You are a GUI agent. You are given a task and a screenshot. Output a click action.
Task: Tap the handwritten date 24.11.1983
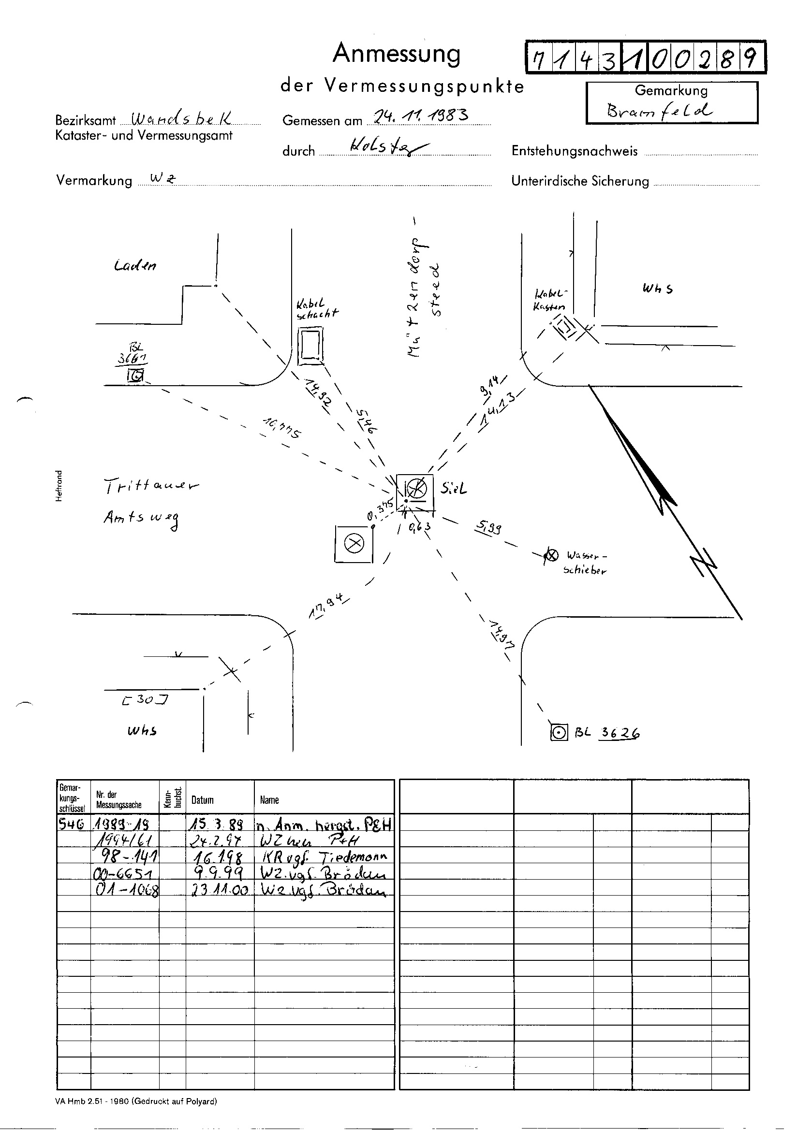[x=421, y=116]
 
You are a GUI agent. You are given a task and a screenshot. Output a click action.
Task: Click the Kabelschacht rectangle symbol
[x=311, y=347]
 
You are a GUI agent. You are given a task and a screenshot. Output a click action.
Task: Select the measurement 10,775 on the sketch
[x=282, y=427]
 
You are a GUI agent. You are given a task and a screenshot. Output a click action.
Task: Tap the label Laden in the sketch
[x=135, y=266]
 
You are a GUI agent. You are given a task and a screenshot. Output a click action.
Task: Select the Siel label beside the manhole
[x=454, y=489]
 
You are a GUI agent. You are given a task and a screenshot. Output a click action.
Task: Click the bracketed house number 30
[x=145, y=699]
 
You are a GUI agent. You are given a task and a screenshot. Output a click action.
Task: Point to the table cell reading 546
[x=72, y=824]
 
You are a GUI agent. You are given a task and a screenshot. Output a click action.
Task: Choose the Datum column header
[x=203, y=800]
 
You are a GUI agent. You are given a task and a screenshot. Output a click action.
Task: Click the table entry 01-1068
[x=126, y=890]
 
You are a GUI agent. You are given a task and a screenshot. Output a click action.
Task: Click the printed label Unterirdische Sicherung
[x=580, y=181]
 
